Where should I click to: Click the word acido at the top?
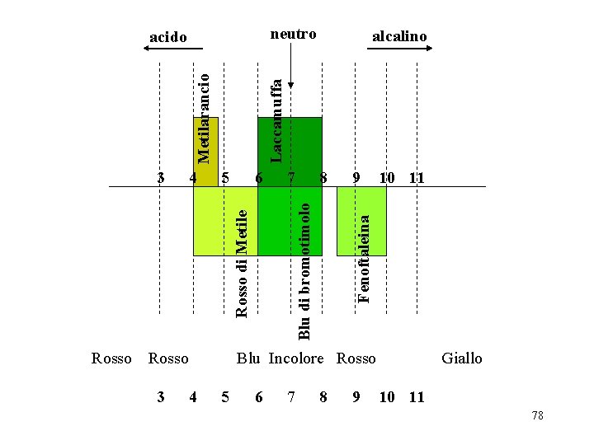[x=167, y=37]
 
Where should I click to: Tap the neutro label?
[x=294, y=34]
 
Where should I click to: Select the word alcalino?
[x=399, y=36]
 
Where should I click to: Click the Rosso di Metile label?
[x=242, y=262]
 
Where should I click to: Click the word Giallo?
[x=461, y=358]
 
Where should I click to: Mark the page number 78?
[x=538, y=416]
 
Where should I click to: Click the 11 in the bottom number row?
[x=417, y=397]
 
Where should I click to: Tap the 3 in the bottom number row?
[x=161, y=397]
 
